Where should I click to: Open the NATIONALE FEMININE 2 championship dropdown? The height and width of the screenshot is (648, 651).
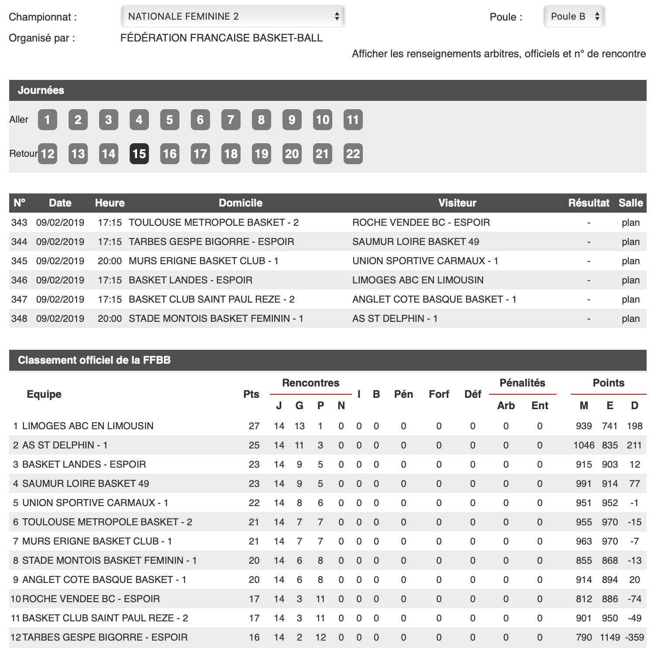[233, 17]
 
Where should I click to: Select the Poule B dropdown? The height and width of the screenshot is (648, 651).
[574, 17]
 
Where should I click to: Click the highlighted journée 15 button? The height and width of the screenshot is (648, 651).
[139, 154]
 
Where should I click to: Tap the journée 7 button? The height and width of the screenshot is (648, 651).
[231, 120]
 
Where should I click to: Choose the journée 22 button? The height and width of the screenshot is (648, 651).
[353, 154]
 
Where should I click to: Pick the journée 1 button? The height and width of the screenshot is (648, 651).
[47, 120]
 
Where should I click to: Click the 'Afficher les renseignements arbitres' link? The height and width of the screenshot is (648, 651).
[499, 54]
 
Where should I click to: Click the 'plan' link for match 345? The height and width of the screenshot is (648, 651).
[630, 261]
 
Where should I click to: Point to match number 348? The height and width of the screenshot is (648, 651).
[19, 319]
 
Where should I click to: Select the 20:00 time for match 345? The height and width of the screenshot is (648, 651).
[110, 261]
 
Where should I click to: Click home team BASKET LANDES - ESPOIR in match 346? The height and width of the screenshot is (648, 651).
[190, 280]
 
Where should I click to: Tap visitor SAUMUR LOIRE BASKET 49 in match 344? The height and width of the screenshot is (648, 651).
[416, 242]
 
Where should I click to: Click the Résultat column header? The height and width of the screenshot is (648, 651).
[589, 203]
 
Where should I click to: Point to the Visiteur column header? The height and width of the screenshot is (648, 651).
[457, 203]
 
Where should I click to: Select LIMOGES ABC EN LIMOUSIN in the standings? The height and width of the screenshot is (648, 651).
[88, 426]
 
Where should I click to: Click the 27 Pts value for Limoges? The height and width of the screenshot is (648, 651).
[254, 426]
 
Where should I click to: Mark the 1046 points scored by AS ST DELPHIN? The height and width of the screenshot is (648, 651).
[584, 445]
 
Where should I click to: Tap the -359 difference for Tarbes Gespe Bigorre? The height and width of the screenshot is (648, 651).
[634, 638]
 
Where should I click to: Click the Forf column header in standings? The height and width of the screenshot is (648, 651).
[439, 394]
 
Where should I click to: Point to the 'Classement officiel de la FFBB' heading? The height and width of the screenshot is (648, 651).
[94, 360]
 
